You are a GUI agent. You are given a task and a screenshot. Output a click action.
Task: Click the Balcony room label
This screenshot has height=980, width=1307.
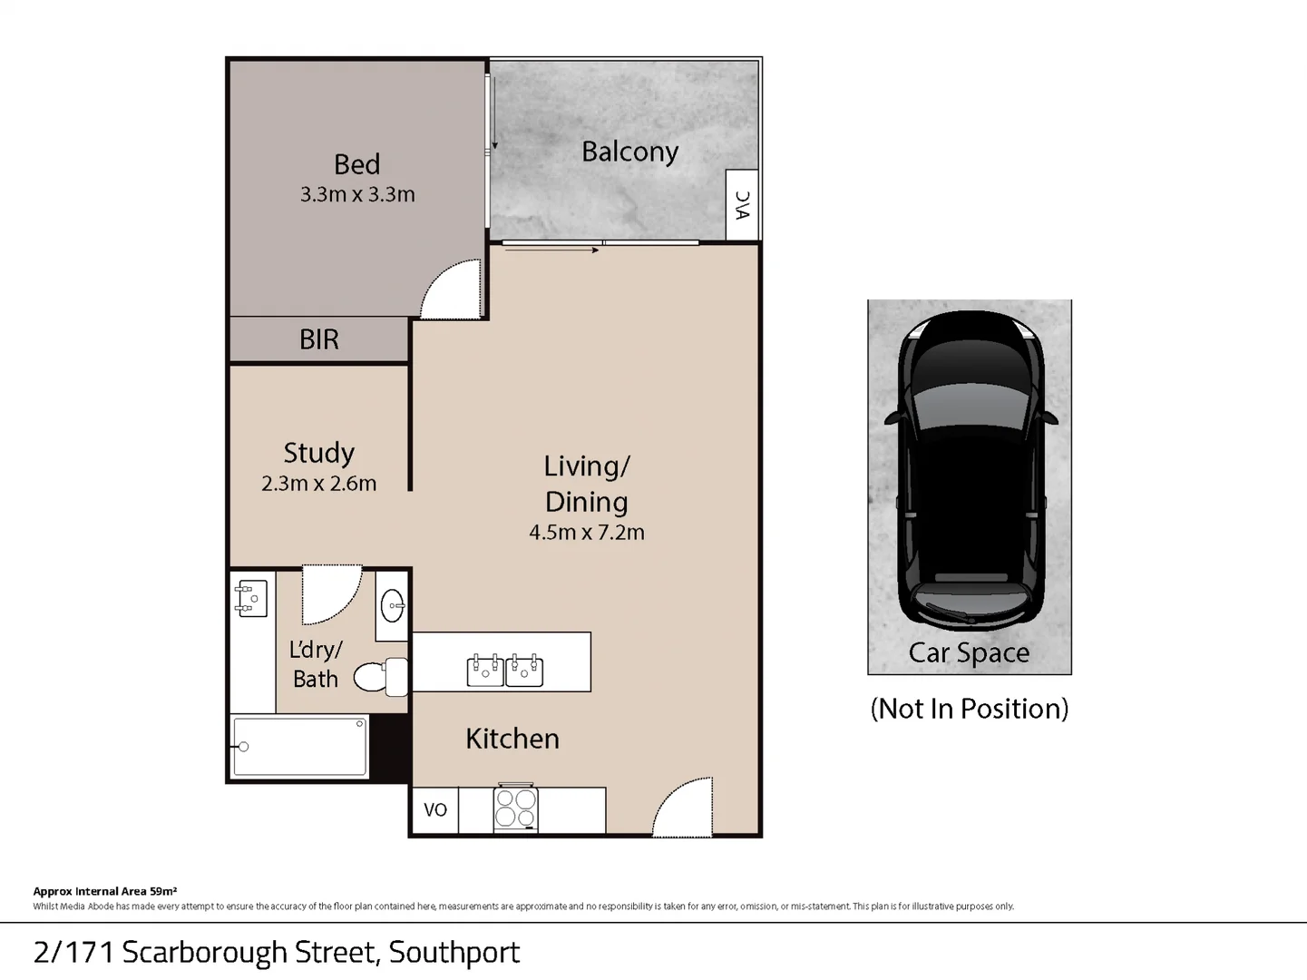629,152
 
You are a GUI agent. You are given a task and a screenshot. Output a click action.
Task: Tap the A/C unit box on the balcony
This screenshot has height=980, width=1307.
743,205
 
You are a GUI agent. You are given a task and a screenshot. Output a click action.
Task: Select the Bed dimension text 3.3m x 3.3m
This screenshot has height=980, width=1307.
357,194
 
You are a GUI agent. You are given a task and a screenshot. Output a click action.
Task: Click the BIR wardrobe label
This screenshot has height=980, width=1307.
319,339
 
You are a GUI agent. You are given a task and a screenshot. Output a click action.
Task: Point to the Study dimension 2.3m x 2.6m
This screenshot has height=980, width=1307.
318,484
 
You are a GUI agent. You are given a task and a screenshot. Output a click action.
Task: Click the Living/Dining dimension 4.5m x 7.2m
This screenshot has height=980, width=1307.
586,533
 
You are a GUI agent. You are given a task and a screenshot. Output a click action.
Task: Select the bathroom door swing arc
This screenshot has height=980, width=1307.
330,594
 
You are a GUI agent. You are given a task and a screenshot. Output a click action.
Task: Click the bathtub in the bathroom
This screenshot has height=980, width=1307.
299,748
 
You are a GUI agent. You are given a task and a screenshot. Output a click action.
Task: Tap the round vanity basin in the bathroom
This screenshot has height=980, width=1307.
392,606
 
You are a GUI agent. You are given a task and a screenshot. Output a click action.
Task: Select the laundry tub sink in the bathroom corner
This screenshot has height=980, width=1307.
250,599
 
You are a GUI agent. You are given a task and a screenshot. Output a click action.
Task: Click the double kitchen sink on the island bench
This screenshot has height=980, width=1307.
505,670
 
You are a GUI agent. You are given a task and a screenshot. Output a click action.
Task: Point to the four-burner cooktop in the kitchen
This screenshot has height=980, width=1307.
515,808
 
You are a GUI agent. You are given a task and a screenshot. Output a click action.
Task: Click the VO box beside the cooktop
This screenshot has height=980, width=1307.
435,809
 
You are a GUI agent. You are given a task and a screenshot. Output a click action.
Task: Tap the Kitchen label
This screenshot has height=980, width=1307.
512,739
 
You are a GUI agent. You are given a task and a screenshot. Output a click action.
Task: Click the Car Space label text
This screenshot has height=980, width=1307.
969,652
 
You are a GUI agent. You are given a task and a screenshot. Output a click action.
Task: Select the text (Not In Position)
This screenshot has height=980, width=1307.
969,709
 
